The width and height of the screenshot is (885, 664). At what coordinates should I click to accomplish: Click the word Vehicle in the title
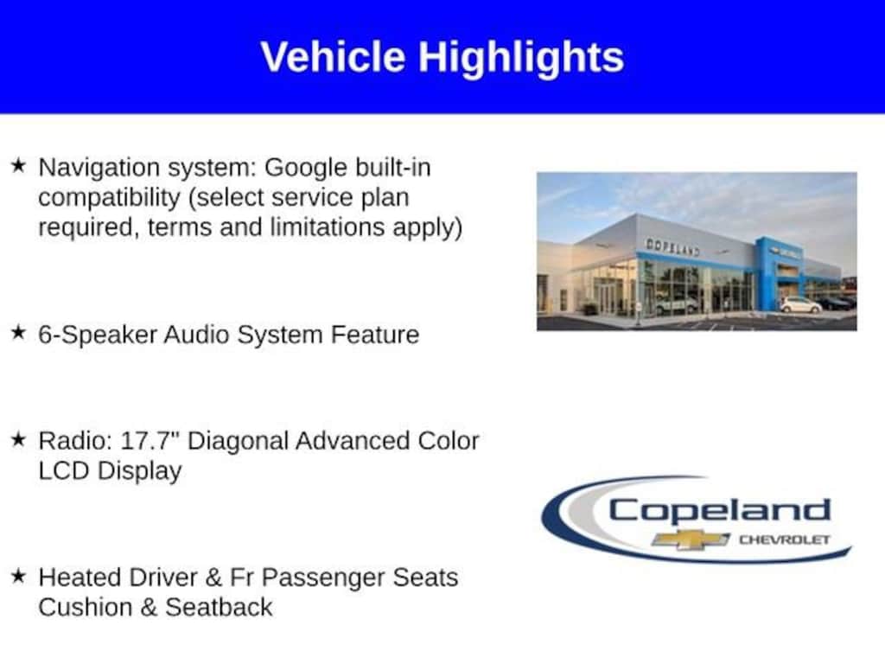[x=333, y=56]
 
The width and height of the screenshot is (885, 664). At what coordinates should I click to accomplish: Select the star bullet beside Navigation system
[x=19, y=165]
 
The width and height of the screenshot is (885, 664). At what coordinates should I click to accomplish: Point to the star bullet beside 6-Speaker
[x=19, y=333]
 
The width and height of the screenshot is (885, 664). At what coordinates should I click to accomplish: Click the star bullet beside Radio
[x=19, y=438]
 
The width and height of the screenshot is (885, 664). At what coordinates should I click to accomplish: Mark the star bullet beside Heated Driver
[x=19, y=575]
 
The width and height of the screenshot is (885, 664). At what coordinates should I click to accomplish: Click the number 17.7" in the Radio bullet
[x=150, y=440]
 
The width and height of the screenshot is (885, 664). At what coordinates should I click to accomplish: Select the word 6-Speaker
[x=98, y=335]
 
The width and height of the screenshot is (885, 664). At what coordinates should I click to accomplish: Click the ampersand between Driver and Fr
[x=213, y=578]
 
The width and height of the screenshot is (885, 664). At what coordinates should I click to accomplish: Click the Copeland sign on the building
[x=672, y=246]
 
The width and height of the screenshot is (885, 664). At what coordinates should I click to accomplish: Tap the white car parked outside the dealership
[x=800, y=305]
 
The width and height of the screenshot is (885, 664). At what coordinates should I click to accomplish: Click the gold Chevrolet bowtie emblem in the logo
[x=691, y=540]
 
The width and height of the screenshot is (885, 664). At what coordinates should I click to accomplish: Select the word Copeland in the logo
[x=720, y=511]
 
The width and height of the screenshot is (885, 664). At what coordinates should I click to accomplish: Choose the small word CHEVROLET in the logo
[x=785, y=539]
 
